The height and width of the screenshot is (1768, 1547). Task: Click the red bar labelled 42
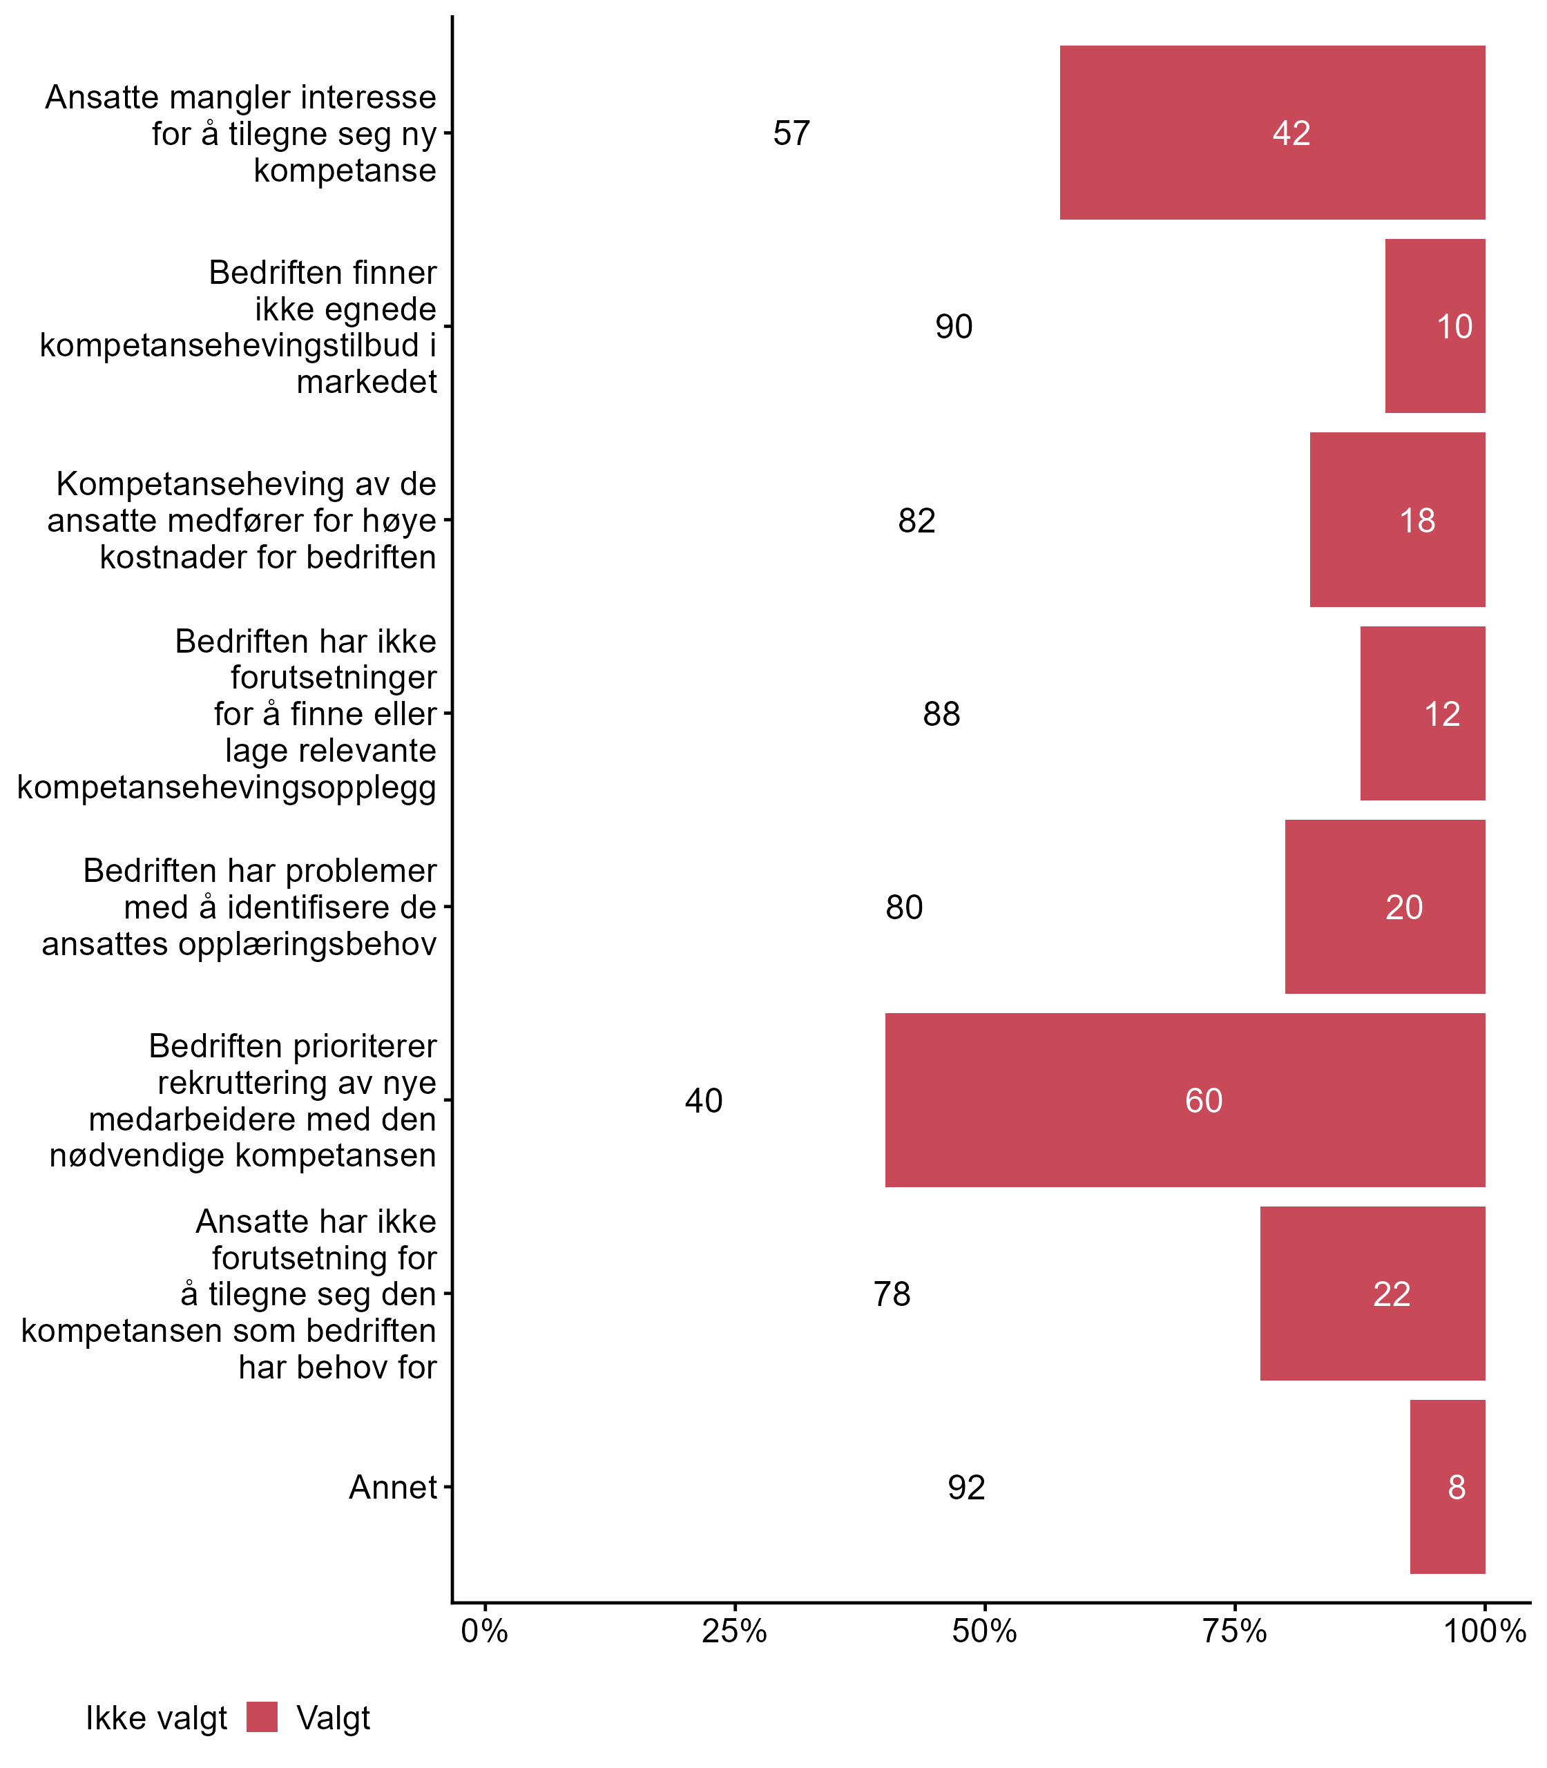pos(1271,132)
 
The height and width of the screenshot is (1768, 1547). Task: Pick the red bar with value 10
pos(1435,325)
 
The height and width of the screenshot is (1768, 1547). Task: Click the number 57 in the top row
pos(791,133)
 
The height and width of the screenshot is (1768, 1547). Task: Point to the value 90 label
pos(953,326)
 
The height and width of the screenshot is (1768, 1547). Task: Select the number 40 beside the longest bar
pos(704,1101)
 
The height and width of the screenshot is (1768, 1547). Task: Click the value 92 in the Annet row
pos(966,1488)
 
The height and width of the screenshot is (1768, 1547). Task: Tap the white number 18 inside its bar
pos(1416,521)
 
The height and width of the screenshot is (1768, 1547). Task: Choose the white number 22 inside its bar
pos(1392,1294)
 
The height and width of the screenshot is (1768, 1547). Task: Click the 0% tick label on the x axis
pos(484,1631)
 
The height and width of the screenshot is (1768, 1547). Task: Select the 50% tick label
pos(984,1631)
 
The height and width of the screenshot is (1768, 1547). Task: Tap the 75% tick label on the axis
pos(1235,1631)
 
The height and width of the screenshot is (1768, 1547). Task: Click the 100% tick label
pos(1485,1631)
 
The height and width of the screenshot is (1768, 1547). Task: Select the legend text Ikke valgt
pos(156,1718)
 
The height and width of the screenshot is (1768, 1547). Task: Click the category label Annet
pos(393,1488)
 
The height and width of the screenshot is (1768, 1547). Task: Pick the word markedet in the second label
pos(367,381)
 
